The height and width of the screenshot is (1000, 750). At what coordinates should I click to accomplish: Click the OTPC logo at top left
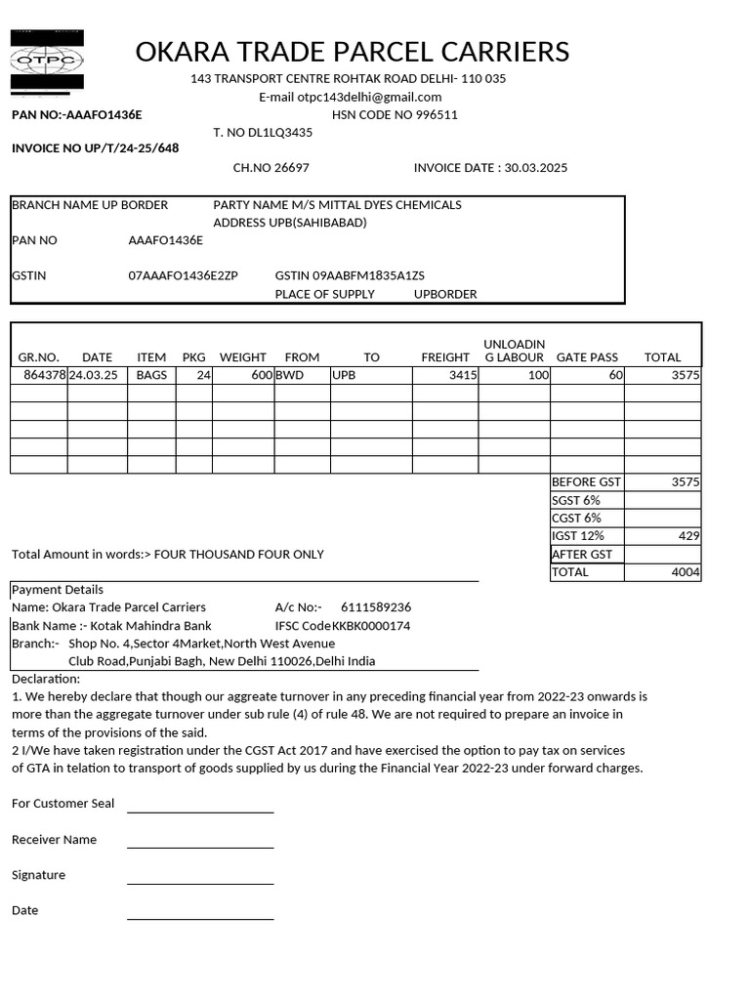(47, 61)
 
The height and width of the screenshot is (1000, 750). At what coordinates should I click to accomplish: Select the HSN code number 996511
(436, 115)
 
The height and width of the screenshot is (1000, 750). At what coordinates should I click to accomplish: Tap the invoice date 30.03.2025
(535, 168)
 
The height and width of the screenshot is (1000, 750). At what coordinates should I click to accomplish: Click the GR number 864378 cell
(44, 375)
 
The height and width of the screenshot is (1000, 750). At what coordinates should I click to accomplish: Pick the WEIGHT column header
(243, 357)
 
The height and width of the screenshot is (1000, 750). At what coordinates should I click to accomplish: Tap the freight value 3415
(463, 375)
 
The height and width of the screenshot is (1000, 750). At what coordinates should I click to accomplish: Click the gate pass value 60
(615, 375)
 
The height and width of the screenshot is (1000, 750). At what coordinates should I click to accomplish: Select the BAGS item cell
(151, 375)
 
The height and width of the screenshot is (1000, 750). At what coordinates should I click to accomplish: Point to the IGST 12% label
(578, 536)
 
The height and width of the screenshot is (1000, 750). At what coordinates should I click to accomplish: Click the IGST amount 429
(687, 536)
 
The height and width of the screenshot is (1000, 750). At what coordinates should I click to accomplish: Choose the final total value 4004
(686, 572)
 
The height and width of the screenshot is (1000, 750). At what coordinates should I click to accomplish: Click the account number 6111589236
(376, 607)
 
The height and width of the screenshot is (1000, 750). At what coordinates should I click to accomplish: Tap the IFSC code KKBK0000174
(371, 626)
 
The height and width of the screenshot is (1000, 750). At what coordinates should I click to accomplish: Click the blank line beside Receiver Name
(200, 846)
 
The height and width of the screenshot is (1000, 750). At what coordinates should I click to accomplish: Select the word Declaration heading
(46, 680)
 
